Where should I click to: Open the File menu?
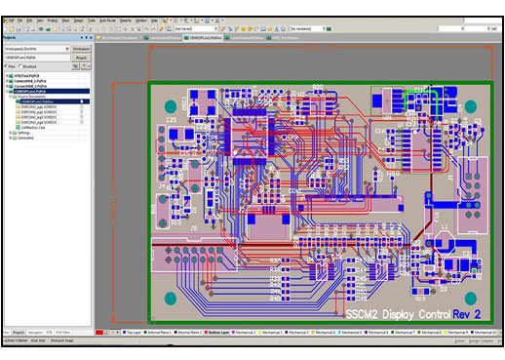pyautogui.click(x=18, y=20)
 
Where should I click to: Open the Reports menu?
pyautogui.click(x=127, y=20)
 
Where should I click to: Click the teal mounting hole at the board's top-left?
pyautogui.click(x=169, y=99)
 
